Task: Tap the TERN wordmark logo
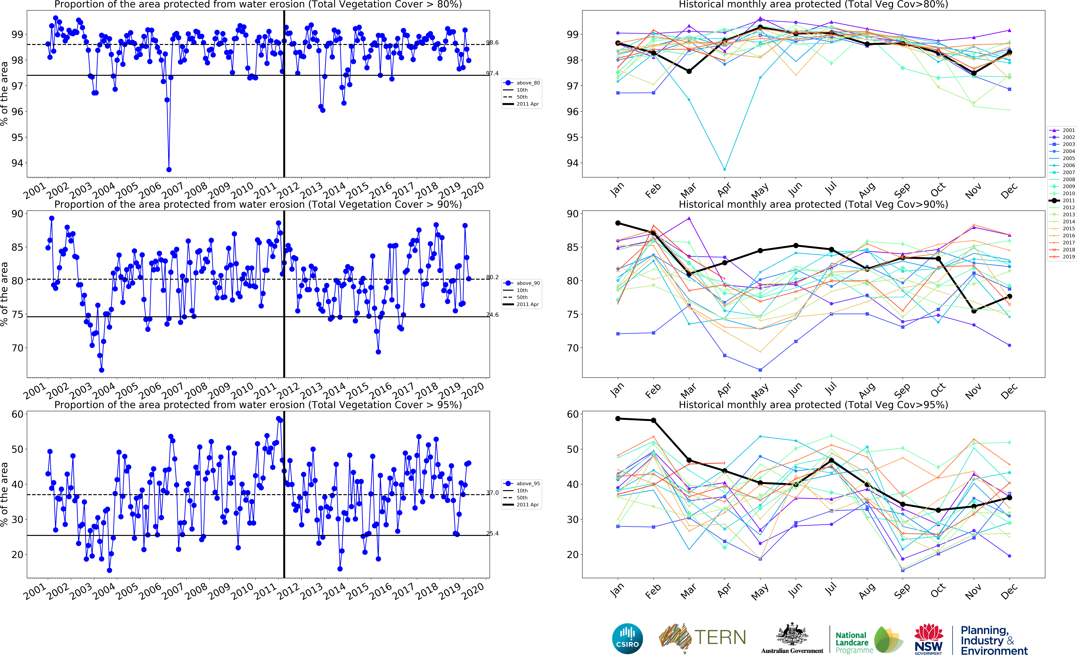tap(720, 637)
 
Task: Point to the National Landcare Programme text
tap(854, 642)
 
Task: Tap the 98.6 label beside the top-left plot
tap(492, 42)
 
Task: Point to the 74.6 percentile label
tap(492, 315)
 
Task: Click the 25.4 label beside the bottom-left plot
tap(492, 533)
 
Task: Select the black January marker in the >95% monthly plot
tap(618, 419)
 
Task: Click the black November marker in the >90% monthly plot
tap(974, 311)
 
